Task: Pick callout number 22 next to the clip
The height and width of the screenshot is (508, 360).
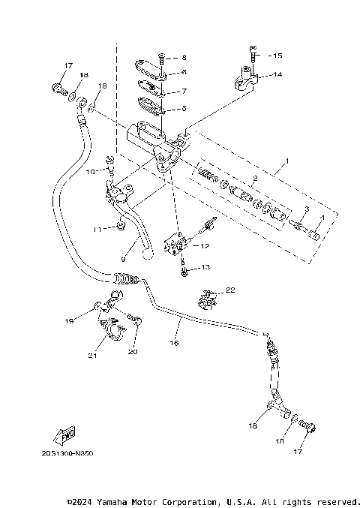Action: (231, 290)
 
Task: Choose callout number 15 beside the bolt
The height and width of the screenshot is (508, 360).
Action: (277, 56)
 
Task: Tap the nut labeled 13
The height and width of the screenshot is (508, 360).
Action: (184, 268)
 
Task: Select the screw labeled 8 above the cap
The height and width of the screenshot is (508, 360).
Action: (162, 56)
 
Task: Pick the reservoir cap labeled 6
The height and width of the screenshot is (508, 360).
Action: (152, 73)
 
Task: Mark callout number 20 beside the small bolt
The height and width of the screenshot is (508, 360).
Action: (133, 351)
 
